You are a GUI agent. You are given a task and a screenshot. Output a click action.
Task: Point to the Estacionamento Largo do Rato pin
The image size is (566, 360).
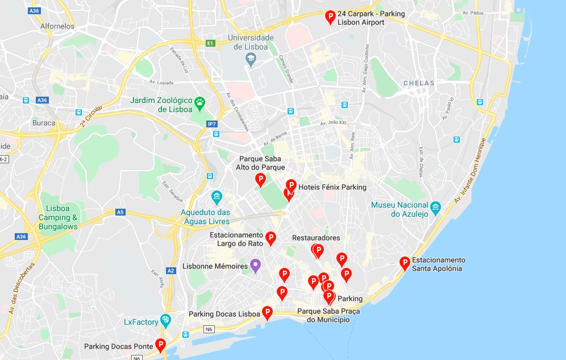[271, 238]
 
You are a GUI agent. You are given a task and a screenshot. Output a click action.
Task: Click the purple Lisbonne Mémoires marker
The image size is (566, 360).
[256, 266]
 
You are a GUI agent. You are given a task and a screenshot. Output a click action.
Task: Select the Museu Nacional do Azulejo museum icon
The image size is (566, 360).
[436, 208]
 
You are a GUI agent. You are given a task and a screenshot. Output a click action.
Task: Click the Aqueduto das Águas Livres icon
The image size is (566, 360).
[217, 198]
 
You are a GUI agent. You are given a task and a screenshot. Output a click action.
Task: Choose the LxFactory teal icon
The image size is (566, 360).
[165, 320]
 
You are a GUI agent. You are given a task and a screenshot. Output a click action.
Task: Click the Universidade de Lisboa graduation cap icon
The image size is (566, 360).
[251, 60]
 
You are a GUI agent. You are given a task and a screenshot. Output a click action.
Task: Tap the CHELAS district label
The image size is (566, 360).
[419, 83]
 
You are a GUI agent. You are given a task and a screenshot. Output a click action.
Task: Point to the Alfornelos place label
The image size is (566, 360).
[58, 26]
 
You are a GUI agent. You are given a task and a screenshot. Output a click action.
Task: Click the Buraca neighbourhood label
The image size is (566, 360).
[44, 123]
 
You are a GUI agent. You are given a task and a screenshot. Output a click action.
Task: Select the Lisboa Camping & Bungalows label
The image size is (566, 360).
[57, 217]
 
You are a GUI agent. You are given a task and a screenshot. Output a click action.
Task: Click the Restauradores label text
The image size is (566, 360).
[316, 238]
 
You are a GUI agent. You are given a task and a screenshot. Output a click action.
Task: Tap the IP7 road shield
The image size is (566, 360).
[211, 124]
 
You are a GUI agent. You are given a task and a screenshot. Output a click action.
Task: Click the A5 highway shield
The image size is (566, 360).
[120, 212]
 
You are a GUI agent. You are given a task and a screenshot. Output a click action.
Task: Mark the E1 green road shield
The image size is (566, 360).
[210, 43]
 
